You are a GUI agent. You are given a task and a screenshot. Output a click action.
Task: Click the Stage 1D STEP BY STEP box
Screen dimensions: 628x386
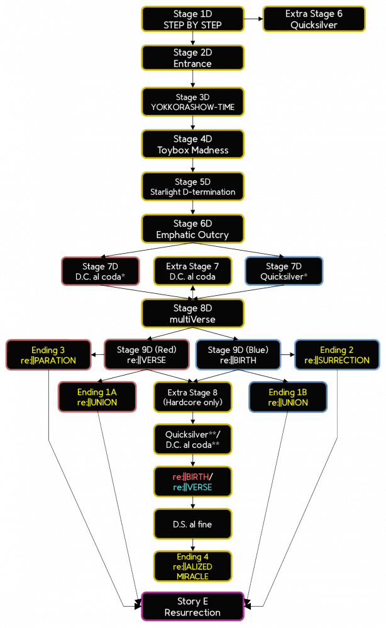click(x=192, y=19)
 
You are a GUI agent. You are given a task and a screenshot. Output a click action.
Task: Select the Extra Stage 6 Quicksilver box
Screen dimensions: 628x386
click(x=314, y=19)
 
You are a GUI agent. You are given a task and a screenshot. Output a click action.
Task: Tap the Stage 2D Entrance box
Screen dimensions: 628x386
click(x=192, y=58)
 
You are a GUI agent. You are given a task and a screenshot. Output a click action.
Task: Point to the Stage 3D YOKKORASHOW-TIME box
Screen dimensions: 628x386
click(x=192, y=102)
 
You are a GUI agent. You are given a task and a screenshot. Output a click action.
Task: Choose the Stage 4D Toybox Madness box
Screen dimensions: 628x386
click(x=192, y=144)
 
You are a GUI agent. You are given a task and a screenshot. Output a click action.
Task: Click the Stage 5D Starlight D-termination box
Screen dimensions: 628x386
click(x=192, y=187)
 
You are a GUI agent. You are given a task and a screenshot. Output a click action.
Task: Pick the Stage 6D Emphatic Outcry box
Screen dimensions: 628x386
click(x=192, y=229)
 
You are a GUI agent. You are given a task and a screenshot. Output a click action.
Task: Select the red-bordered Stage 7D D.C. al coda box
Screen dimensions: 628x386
click(x=101, y=271)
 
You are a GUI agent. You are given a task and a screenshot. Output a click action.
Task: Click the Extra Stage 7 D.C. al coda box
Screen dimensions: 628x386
click(x=192, y=271)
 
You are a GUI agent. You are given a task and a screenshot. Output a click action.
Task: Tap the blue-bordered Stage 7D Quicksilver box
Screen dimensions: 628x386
click(x=284, y=271)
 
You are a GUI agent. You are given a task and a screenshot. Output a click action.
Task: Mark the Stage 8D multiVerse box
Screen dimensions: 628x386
click(x=192, y=313)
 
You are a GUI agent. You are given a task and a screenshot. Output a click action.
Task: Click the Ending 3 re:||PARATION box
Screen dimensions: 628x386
click(x=48, y=355)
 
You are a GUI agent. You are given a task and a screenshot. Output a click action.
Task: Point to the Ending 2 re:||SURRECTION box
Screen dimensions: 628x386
click(x=336, y=355)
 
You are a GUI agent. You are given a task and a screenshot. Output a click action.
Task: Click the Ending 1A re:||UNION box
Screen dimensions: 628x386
click(x=97, y=397)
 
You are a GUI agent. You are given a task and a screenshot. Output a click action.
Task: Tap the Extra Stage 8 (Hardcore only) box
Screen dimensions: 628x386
click(x=192, y=397)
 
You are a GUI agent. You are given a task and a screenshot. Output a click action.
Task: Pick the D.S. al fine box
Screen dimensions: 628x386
click(x=192, y=524)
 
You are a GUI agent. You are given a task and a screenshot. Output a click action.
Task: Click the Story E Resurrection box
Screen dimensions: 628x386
click(x=192, y=607)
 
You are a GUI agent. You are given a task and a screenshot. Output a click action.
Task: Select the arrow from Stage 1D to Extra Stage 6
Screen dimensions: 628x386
click(x=253, y=19)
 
